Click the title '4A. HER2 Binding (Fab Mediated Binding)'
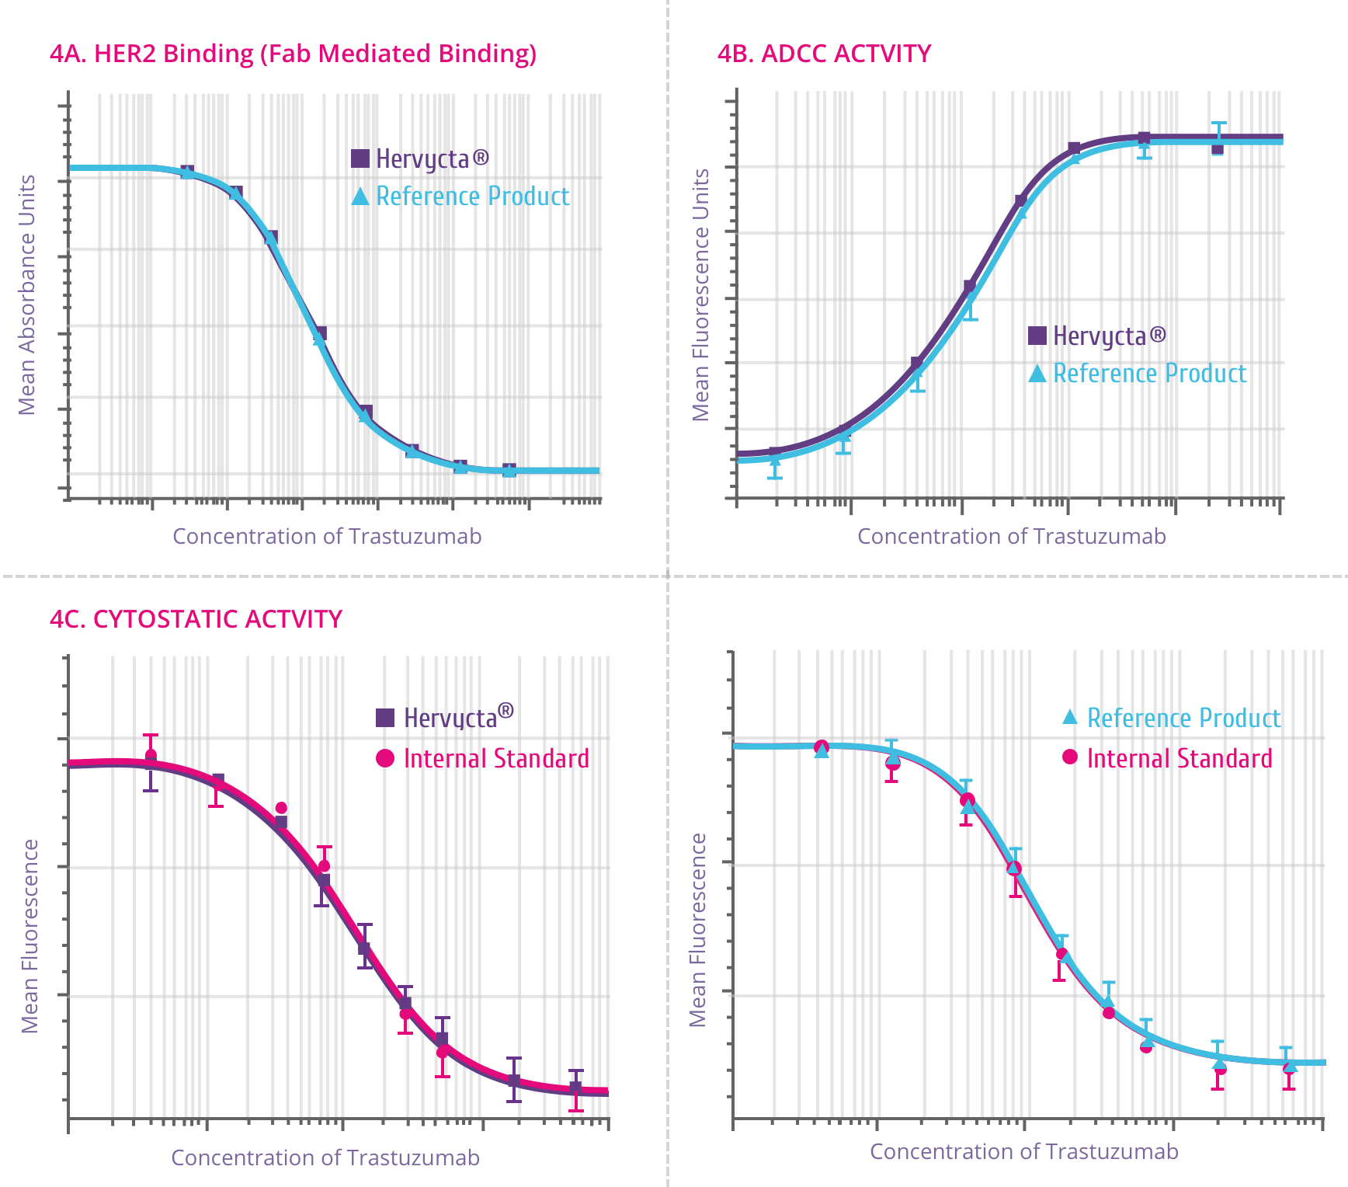coord(293,54)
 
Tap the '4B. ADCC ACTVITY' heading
coord(824,54)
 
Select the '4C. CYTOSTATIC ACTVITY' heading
coord(196,619)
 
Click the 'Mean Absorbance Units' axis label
coord(27,295)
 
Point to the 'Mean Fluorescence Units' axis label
coord(701,295)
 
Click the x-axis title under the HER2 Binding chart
coord(327,536)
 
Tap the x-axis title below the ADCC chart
coord(1011,536)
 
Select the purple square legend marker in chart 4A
coord(360,158)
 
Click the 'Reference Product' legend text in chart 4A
coord(473,197)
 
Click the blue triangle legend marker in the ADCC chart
coord(1037,374)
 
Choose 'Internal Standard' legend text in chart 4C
coord(496,758)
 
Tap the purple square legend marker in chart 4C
coord(385,717)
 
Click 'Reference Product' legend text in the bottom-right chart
coord(1183,718)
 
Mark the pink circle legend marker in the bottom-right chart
coord(1070,757)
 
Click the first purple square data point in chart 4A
coord(187,172)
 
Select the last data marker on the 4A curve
coord(509,470)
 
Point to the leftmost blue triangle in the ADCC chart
coord(774,461)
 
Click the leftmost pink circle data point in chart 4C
coord(151,755)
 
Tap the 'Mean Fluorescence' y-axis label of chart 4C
coord(30,936)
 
